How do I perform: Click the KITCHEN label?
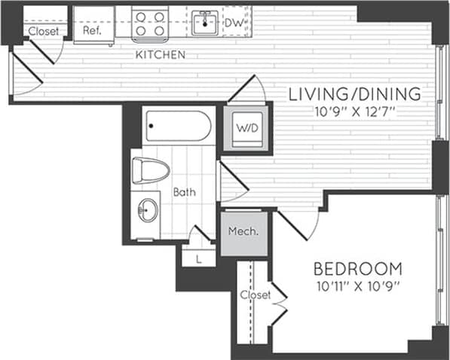pyautogui.click(x=161, y=55)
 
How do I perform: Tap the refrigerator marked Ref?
pyautogui.click(x=93, y=32)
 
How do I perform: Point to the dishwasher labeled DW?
pyautogui.click(x=234, y=23)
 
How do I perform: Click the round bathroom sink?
pyautogui.click(x=147, y=210)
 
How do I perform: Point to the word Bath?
pyautogui.click(x=185, y=192)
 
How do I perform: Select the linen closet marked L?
pyautogui.click(x=197, y=258)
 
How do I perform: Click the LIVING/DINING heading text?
pyautogui.click(x=354, y=94)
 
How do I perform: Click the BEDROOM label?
pyautogui.click(x=357, y=269)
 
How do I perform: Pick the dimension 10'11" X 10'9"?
pyautogui.click(x=357, y=285)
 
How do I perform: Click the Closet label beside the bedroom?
pyautogui.click(x=255, y=295)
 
